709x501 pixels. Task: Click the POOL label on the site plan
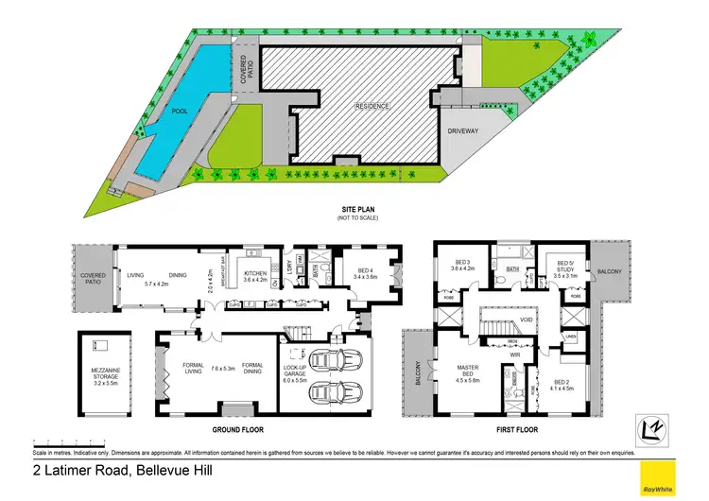pos(179,112)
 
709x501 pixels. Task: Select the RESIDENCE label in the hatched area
pos(372,106)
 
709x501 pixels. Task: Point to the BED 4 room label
pos(365,272)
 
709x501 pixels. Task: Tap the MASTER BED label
pos(470,373)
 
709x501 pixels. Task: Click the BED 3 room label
pos(462,265)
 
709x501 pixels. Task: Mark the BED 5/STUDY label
pos(567,269)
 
